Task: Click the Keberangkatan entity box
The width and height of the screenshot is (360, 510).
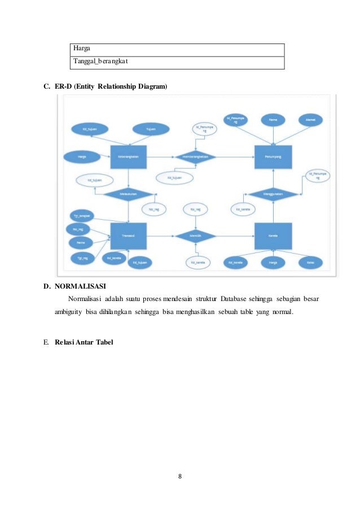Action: (x=129, y=156)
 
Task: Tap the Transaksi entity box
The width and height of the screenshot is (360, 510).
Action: (x=129, y=235)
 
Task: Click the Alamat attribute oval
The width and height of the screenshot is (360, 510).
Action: (x=310, y=120)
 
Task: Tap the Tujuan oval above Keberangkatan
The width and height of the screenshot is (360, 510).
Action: (x=151, y=129)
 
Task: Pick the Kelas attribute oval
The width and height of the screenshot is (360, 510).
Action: (x=310, y=263)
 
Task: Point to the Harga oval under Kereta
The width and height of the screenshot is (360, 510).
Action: (x=273, y=263)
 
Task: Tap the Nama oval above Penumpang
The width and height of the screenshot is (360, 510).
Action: (x=273, y=120)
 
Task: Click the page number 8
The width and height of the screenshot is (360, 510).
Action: (x=179, y=476)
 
